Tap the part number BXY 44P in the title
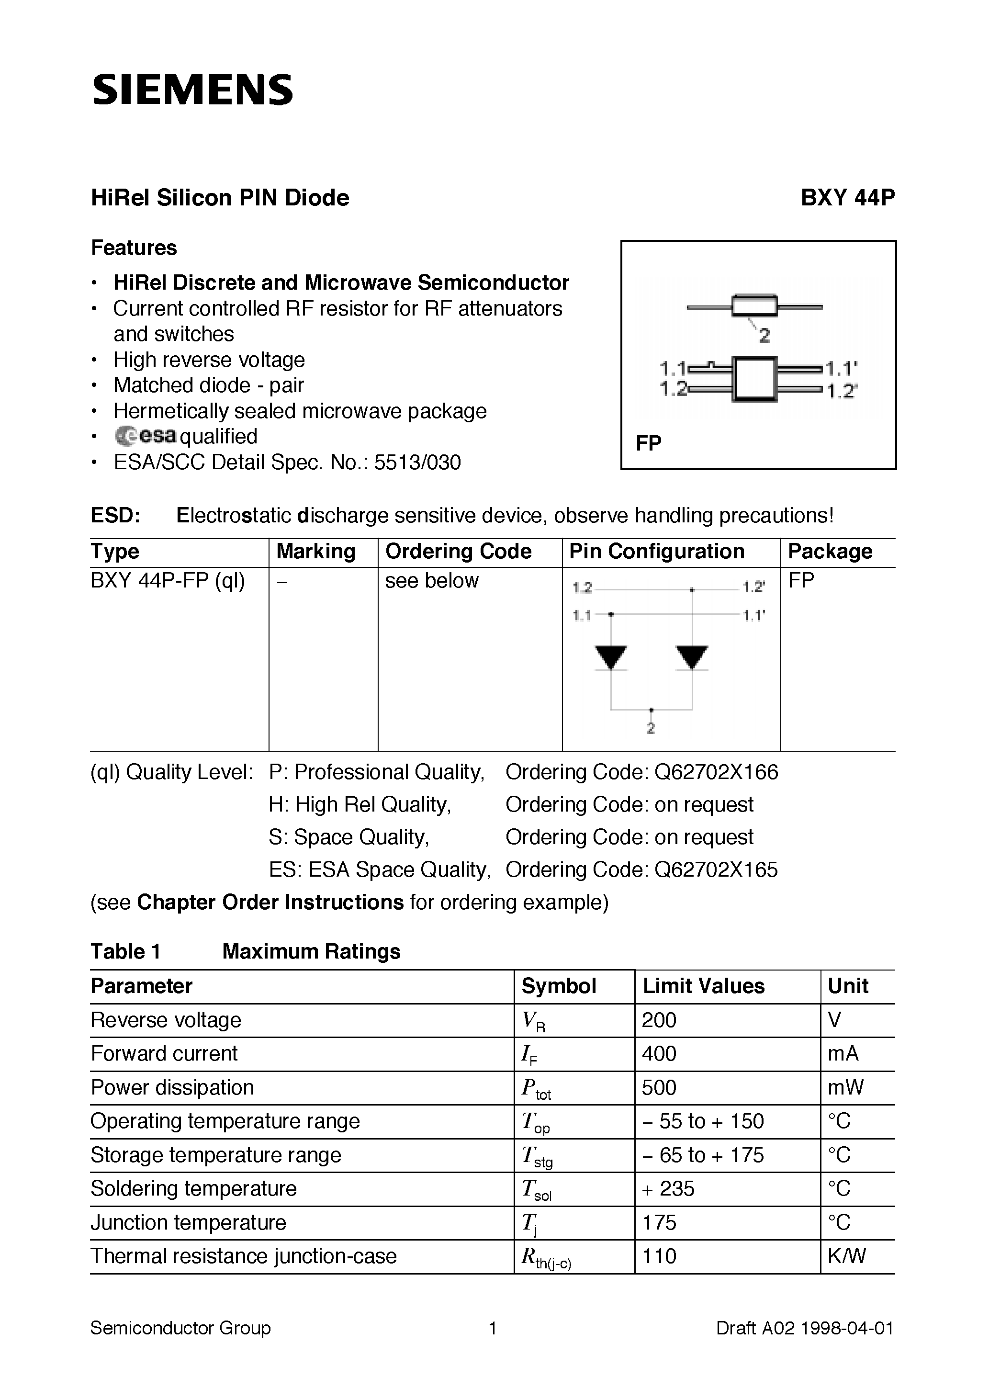tap(847, 198)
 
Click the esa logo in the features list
tap(146, 436)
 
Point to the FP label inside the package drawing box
tap(648, 443)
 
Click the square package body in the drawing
tap(755, 379)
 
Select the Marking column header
tap(316, 551)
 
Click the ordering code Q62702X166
tap(716, 773)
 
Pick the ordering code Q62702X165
tap(716, 869)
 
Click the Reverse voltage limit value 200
tap(659, 1020)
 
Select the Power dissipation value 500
tap(659, 1088)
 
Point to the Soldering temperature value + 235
tap(668, 1188)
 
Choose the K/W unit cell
tap(846, 1256)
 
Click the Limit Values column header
tap(704, 986)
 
